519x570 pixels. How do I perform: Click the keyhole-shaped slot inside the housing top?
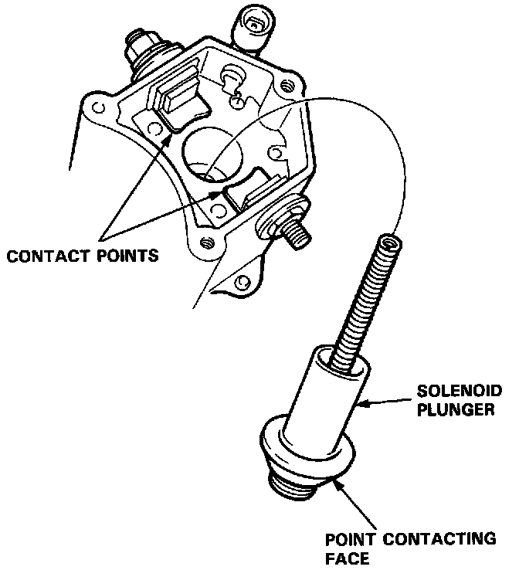point(232,80)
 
